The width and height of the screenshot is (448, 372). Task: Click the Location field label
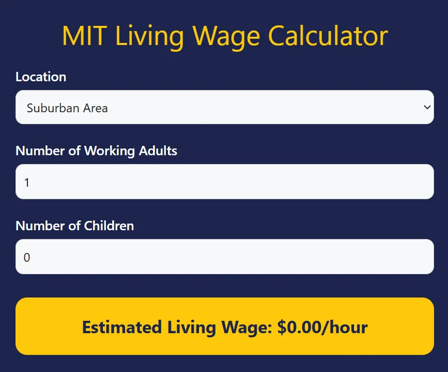(x=41, y=77)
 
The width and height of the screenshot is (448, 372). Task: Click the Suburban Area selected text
(x=67, y=108)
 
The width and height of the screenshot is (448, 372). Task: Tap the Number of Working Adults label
(x=96, y=151)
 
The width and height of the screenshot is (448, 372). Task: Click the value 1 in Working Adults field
(x=27, y=182)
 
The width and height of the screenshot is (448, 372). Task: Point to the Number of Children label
(x=74, y=226)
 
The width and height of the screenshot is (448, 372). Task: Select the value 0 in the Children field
(x=27, y=257)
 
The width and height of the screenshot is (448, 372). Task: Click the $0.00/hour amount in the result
(x=322, y=327)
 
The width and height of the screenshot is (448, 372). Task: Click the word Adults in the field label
(x=158, y=151)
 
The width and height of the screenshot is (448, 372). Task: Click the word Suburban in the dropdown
(x=53, y=108)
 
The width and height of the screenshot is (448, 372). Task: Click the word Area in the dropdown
(x=95, y=108)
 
